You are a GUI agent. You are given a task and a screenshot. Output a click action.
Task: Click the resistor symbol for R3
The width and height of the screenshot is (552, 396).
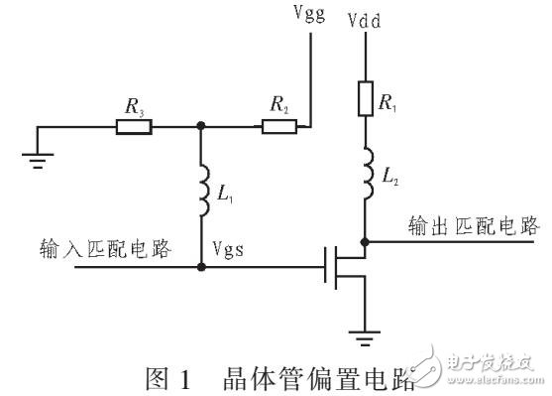[x=134, y=127]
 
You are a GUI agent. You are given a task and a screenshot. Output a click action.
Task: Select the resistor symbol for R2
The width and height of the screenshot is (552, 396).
[x=276, y=127]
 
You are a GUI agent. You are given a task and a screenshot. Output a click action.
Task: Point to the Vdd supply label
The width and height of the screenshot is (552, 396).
[x=366, y=18]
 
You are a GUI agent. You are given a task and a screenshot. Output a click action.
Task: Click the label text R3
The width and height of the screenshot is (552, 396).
[x=134, y=102]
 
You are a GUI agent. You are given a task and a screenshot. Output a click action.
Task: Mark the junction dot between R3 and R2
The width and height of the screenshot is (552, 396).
[x=202, y=127]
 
